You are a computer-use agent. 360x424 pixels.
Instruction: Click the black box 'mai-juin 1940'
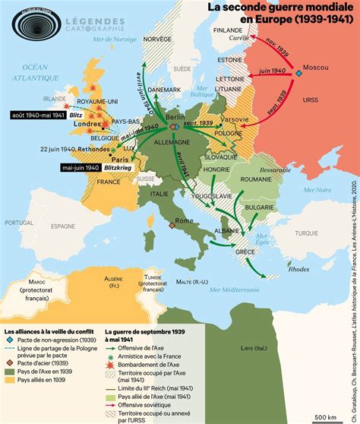coord(79,167)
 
